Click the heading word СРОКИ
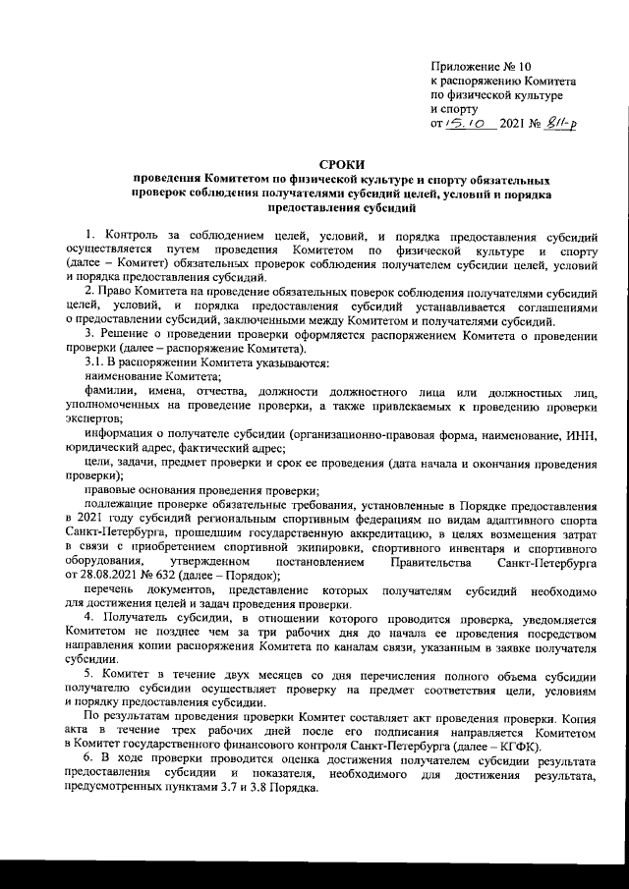(x=343, y=166)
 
